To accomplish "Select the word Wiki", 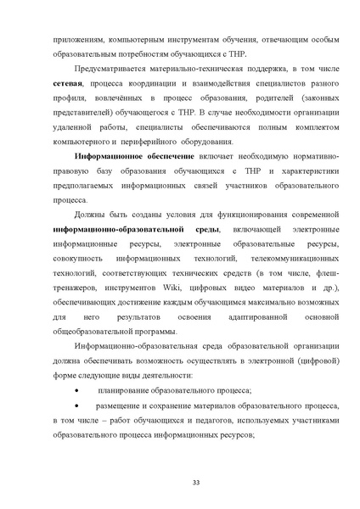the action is tap(185, 287).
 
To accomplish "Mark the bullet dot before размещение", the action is tap(79, 406).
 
